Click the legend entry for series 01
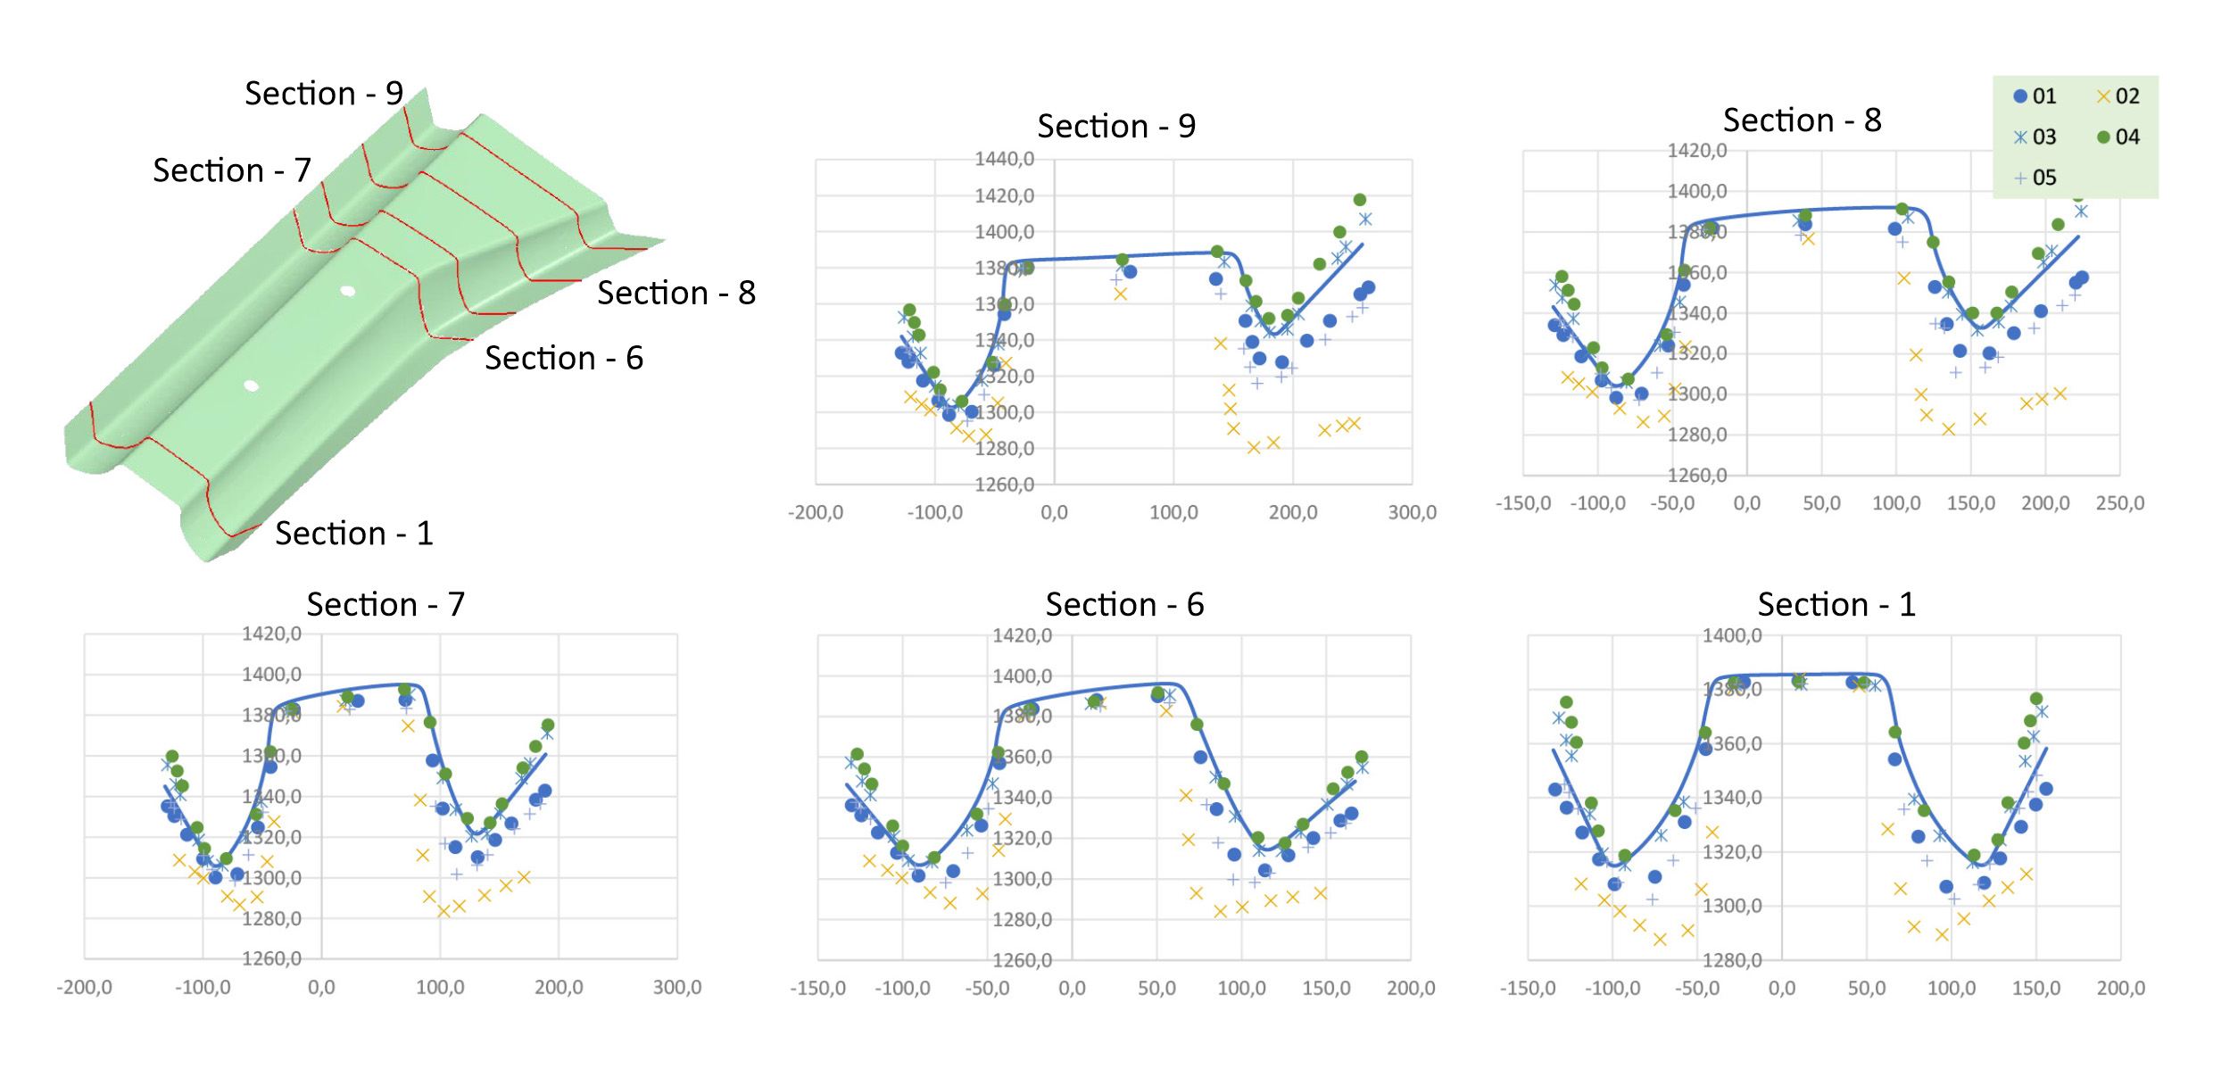pos(2035,96)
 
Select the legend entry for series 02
pos(2118,96)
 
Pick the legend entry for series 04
pos(2118,137)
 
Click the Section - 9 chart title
pos(1115,127)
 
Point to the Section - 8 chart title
pos(1802,120)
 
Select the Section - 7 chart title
pos(385,605)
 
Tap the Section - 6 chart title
pos(1124,605)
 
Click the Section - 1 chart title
pos(1836,605)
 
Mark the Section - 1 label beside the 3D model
pos(353,534)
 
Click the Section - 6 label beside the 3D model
pos(563,359)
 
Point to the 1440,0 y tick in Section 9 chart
pos(1004,160)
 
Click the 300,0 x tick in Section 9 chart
pos(1412,513)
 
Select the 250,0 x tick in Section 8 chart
pos(2119,503)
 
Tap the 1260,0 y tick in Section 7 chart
pos(271,958)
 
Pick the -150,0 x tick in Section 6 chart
pos(817,989)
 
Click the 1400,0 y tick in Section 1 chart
pos(1731,636)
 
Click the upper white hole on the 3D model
pos(348,291)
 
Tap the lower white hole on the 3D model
pos(252,385)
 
